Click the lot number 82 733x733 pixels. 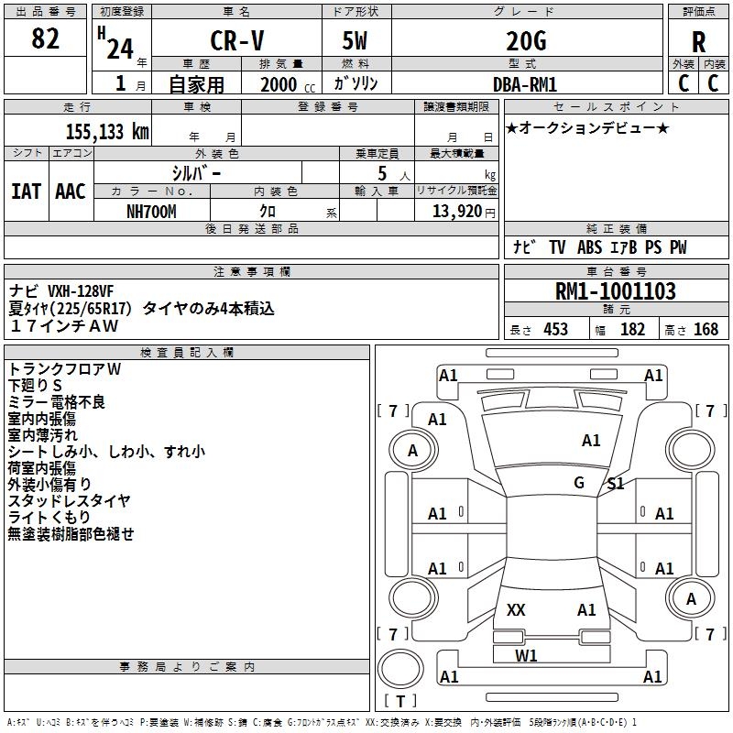tap(45, 38)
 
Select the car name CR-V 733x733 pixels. tap(237, 40)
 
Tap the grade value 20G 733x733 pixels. tap(526, 41)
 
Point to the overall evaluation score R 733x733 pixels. tap(698, 42)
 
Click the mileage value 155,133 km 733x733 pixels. tap(107, 131)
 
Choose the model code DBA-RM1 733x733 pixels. tap(525, 84)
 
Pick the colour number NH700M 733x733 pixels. tap(151, 212)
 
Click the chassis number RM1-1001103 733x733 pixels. tap(615, 290)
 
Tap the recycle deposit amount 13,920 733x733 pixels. tap(457, 212)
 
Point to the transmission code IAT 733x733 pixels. tap(26, 191)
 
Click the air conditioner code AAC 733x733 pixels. tap(71, 191)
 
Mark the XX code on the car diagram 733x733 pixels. tap(516, 609)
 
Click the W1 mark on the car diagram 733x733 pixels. tap(526, 655)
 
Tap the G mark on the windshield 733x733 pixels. tap(579, 482)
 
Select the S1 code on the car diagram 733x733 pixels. tap(615, 484)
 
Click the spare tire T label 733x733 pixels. tap(400, 701)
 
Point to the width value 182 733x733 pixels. tap(632, 329)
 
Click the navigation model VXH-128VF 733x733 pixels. tap(81, 290)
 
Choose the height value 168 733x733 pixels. tap(706, 329)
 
